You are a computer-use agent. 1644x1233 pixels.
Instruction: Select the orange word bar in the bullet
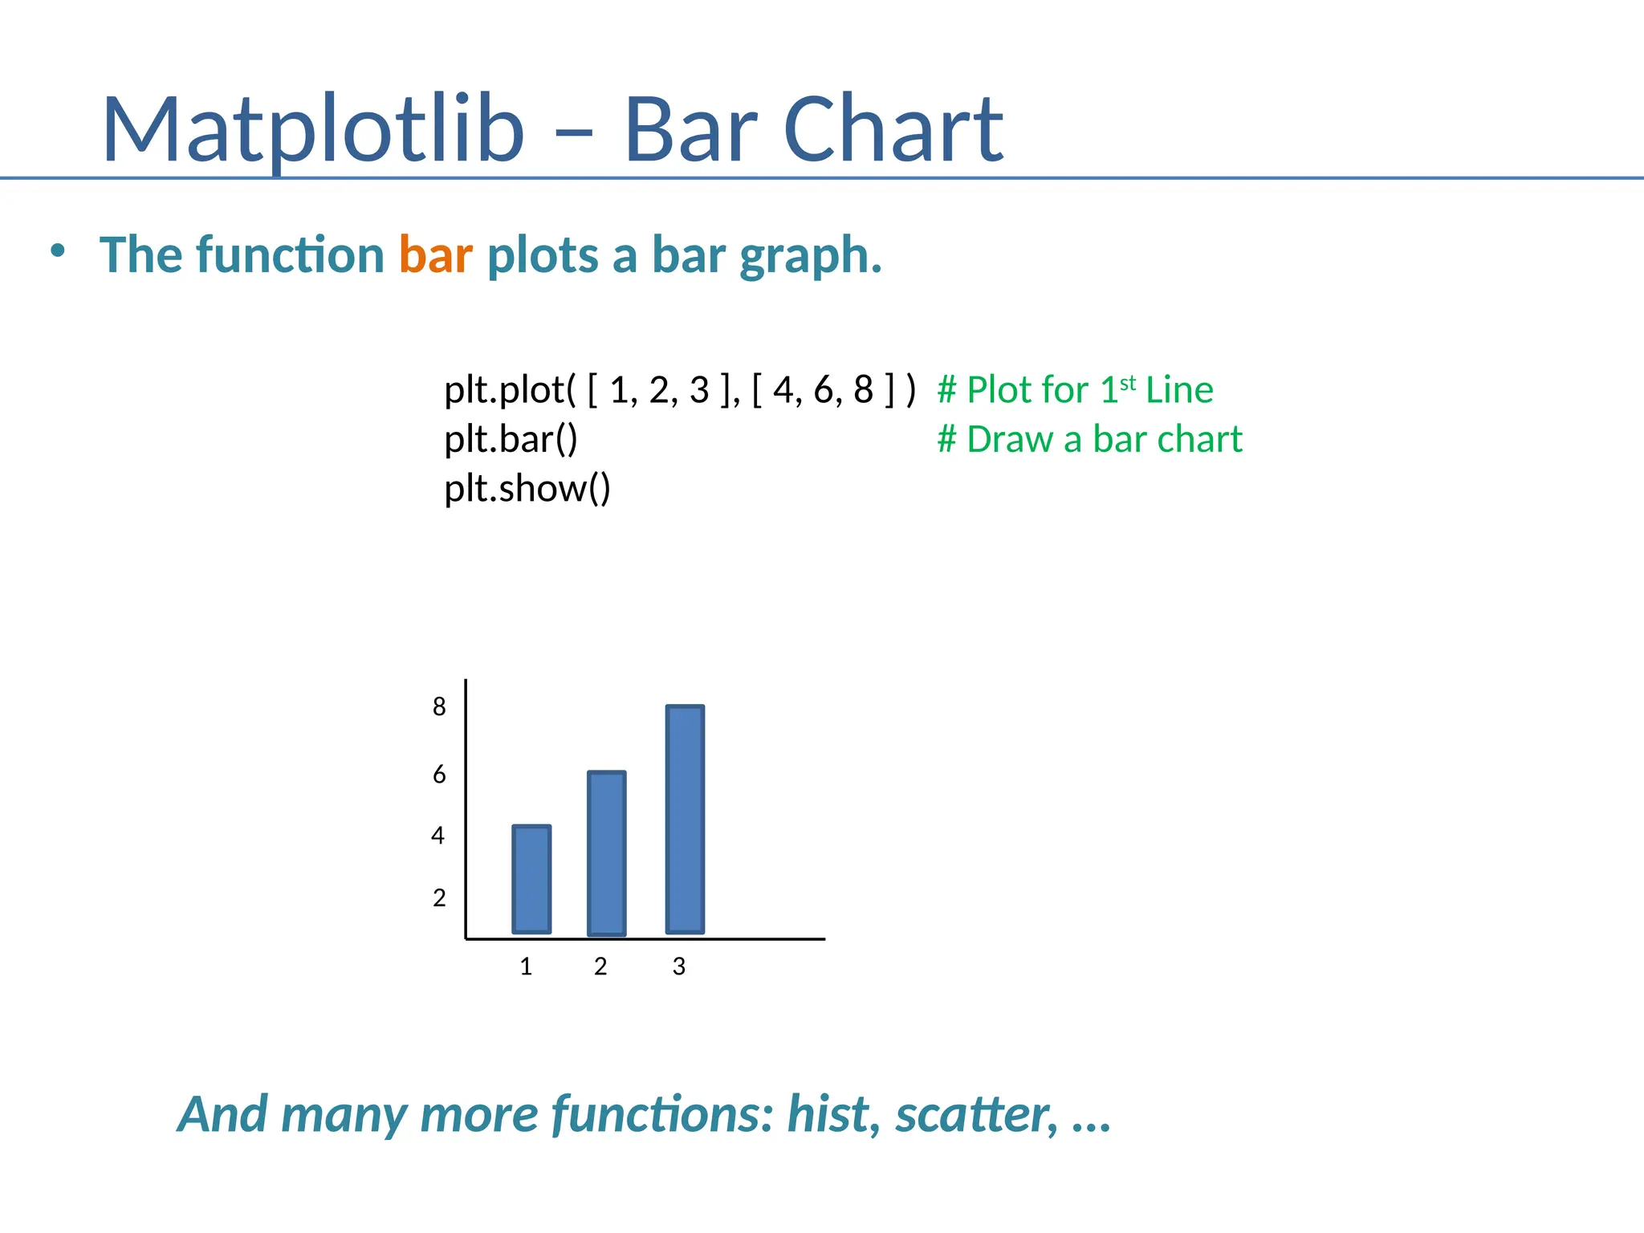point(435,255)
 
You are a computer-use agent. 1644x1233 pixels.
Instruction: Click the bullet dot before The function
point(57,251)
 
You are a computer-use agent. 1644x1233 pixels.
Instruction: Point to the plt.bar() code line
point(511,439)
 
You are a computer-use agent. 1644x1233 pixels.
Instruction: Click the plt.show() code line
point(527,488)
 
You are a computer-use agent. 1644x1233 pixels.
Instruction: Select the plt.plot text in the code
point(503,390)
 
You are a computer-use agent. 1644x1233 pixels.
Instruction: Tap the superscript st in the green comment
point(1127,382)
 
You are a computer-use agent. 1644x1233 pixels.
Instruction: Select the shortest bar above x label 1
point(531,879)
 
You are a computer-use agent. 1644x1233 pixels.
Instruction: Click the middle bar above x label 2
point(606,853)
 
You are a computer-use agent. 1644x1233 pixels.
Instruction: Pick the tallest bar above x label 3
point(685,819)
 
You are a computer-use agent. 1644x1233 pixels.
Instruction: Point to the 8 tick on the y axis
point(439,706)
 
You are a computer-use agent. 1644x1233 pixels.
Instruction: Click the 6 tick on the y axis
point(439,775)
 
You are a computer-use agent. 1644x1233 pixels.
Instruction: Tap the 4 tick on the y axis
point(437,836)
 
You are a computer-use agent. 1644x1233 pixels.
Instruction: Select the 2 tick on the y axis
point(439,897)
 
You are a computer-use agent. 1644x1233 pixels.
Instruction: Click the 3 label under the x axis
point(679,966)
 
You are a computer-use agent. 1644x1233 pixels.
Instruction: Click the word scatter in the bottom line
point(976,1114)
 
